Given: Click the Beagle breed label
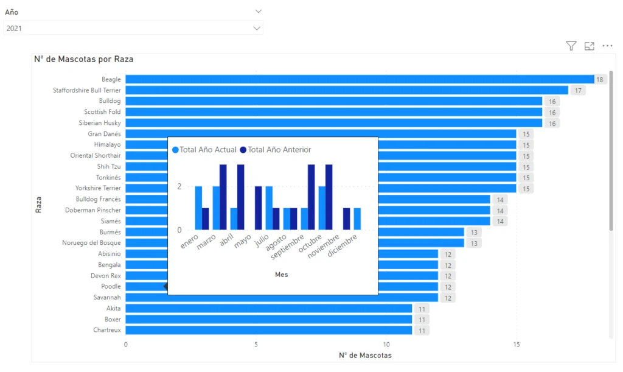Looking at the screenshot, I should tap(111, 79).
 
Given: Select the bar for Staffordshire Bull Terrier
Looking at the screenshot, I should tap(347, 90).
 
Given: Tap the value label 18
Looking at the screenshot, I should tap(599, 79).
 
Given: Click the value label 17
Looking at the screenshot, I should tap(578, 90).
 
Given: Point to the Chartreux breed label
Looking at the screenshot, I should tap(106, 330).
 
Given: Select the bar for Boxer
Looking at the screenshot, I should tap(268, 319).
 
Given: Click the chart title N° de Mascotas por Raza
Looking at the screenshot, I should tap(83, 59).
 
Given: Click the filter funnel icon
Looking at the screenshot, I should tap(571, 46).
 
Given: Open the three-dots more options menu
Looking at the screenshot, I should tap(607, 46).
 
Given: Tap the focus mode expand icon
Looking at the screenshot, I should tap(589, 46).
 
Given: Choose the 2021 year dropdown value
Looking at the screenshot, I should tap(14, 28).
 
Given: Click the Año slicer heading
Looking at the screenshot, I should tap(12, 12).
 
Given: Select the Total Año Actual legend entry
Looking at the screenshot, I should tap(204, 150).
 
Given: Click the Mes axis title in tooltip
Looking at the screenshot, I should tap(281, 275).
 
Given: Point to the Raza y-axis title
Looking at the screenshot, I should tap(38, 204).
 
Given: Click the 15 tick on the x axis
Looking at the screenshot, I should tap(516, 344).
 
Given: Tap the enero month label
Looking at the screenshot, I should tap(190, 242).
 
